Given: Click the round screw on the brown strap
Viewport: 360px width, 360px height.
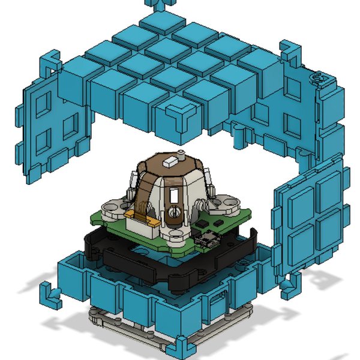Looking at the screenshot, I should pos(174,211).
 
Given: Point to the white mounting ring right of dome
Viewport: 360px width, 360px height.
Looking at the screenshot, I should pos(226,204).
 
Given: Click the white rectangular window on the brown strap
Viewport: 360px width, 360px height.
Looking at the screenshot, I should pos(173,195).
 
